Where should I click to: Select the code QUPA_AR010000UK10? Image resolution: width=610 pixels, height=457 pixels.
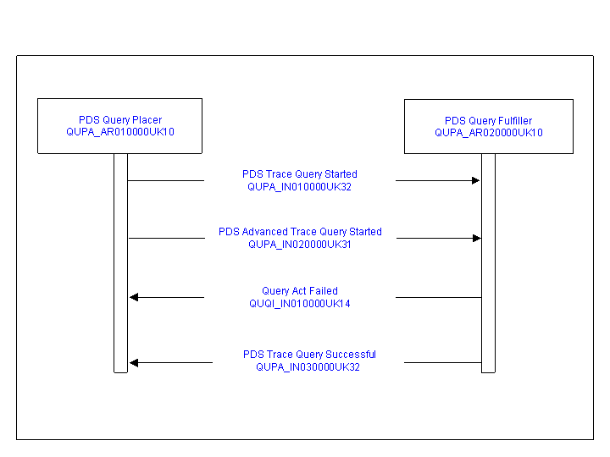coord(120,132)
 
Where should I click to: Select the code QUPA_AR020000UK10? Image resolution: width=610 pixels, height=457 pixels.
coord(489,133)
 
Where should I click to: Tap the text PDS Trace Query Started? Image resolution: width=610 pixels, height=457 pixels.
coord(300,174)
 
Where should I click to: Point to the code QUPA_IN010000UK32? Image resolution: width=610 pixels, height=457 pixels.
coord(300,187)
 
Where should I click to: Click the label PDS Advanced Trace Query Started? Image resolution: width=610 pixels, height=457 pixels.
coord(300,232)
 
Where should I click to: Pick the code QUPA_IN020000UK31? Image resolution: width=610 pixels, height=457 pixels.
coord(300,245)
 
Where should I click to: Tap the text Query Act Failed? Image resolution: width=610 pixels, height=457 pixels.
coord(300,291)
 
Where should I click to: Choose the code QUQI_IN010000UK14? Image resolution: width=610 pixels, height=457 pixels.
coord(300,304)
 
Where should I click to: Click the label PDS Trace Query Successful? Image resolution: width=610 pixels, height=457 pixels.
coord(309,355)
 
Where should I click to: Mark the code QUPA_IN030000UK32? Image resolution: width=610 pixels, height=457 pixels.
coord(308,367)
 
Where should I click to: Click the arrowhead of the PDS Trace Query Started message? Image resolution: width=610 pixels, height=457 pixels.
coord(476,180)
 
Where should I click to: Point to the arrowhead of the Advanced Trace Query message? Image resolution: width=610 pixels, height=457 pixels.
coord(477,238)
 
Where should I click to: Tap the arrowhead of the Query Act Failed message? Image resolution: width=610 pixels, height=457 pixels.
coord(134,297)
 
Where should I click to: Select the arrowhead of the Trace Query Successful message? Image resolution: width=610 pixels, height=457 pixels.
coord(134,363)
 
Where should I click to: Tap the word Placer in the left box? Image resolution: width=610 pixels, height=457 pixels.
coord(147,120)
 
